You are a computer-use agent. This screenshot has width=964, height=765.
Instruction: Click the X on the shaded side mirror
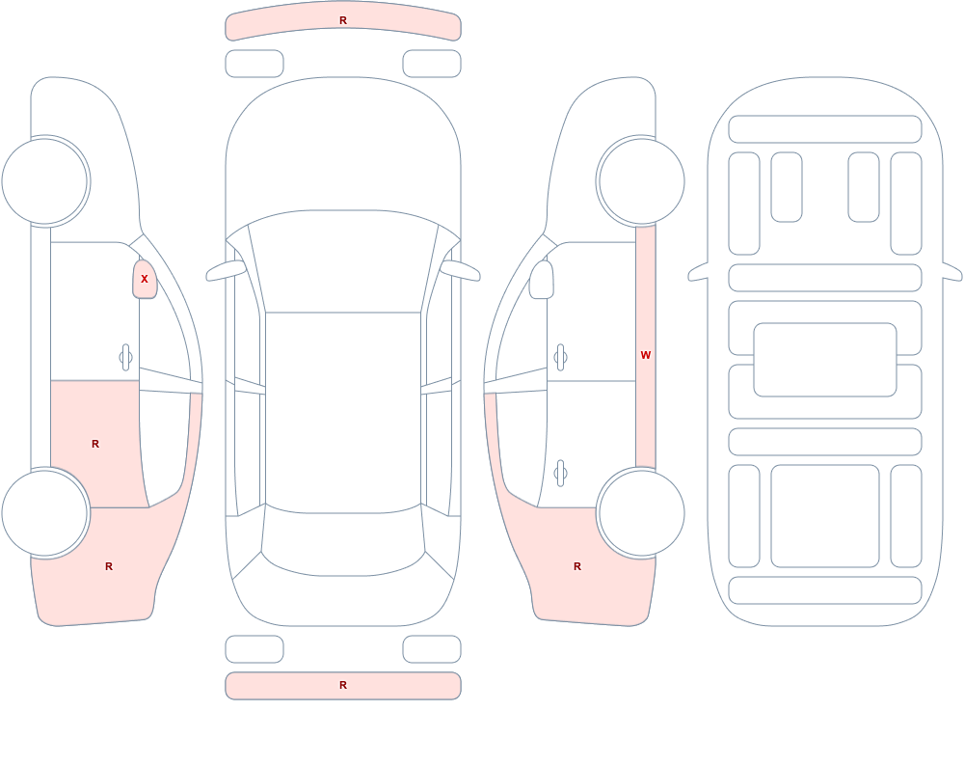pos(145,279)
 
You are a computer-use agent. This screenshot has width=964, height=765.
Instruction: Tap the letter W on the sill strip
pos(646,355)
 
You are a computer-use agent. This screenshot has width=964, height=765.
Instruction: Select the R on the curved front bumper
pos(343,20)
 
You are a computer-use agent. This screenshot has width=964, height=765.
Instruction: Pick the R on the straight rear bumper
pos(343,685)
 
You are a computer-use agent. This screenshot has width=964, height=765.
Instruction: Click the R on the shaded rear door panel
pos(95,444)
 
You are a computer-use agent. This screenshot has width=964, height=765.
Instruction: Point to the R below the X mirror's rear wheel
pos(109,566)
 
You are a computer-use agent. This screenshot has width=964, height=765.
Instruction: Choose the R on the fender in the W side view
pos(577,566)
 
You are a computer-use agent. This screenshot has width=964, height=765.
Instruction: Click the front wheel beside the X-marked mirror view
pos(45,181)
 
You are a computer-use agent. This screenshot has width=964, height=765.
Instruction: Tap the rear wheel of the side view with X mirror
pos(45,512)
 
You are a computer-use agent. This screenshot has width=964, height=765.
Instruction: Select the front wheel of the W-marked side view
pos(641,181)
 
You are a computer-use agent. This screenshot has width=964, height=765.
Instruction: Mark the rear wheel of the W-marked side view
pos(641,512)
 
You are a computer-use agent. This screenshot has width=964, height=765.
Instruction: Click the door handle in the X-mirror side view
pos(125,358)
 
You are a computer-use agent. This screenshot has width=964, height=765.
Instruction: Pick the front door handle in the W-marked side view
pos(560,358)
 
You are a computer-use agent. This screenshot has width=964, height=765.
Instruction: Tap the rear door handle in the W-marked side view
pos(560,474)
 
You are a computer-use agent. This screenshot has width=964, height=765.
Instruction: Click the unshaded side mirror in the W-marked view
pos(541,280)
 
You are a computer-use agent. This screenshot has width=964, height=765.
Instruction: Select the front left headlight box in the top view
pos(254,64)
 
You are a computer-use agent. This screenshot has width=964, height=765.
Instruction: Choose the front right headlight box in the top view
pos(432,64)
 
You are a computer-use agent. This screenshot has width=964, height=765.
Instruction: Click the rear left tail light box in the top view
pos(254,649)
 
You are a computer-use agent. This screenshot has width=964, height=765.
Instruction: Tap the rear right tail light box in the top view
pos(432,649)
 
